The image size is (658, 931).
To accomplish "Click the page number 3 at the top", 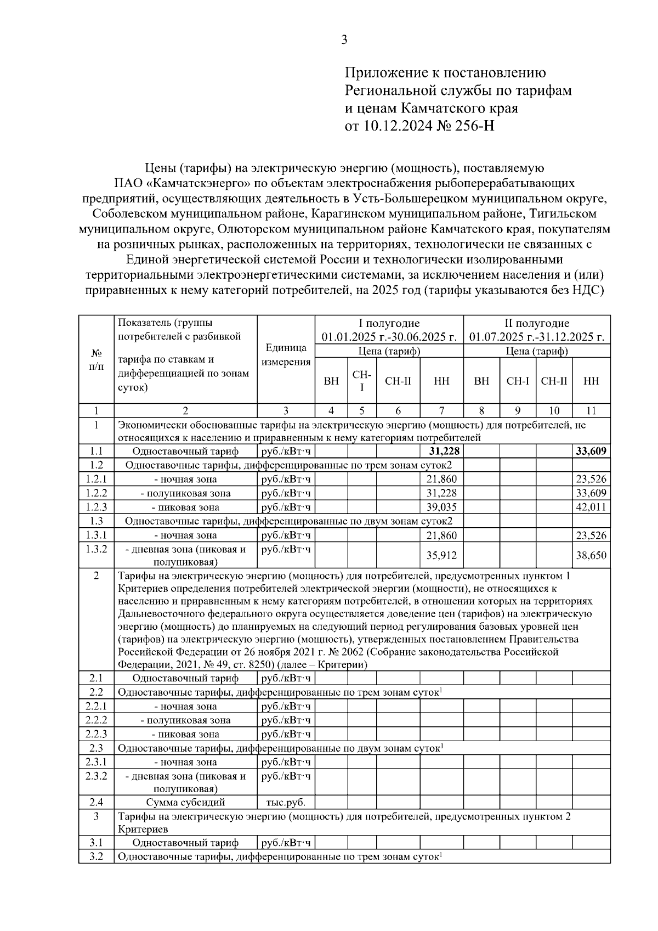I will point(344,40).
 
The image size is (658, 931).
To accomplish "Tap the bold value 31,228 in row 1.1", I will point(442,451).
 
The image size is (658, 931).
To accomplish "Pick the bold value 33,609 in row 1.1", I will point(591,451).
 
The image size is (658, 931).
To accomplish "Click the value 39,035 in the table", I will point(442,507).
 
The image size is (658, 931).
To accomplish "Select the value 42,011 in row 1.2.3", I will point(591,507).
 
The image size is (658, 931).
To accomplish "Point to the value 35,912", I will point(442,555).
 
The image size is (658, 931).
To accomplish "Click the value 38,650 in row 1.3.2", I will point(591,555).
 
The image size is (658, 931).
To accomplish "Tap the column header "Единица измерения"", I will point(286,355).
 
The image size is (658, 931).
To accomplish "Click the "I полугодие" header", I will point(389,324).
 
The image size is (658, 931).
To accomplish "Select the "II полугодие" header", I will point(537,324).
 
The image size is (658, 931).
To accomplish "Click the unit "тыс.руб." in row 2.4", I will point(286,802).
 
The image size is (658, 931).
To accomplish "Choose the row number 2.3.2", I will point(96,776).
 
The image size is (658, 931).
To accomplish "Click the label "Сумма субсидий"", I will point(185,802).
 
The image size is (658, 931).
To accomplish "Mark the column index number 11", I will point(591,410).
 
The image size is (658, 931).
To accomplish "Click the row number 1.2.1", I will point(96,479).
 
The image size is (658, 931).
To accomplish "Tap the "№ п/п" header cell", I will point(96,359).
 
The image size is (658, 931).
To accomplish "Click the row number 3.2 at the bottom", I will point(96,856).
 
